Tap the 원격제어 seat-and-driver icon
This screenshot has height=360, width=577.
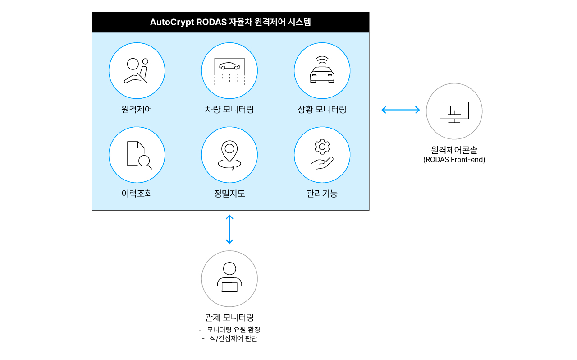(x=137, y=71)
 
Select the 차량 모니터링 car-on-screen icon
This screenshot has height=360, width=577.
(x=229, y=71)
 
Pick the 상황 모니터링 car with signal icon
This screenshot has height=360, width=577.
(x=322, y=71)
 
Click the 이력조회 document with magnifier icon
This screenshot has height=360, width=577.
(x=137, y=155)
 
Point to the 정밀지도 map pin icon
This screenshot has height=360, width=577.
(x=229, y=155)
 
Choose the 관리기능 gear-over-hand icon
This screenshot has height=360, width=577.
(x=322, y=155)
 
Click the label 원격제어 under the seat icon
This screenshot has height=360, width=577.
(x=137, y=110)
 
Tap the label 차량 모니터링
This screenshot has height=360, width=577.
(x=229, y=110)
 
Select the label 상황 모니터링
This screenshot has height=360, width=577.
(x=322, y=110)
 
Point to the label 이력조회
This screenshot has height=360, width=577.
(x=137, y=194)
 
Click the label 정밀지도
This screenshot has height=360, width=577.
(x=229, y=194)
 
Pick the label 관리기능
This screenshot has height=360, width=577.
(x=322, y=194)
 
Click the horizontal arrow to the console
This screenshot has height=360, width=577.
(x=400, y=110)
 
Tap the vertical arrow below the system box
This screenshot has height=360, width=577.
(x=229, y=230)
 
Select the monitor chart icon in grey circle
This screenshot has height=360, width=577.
(x=454, y=111)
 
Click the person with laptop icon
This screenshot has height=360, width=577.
(x=229, y=278)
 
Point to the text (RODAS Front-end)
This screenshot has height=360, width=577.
(x=454, y=160)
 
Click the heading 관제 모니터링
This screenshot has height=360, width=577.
(x=229, y=318)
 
